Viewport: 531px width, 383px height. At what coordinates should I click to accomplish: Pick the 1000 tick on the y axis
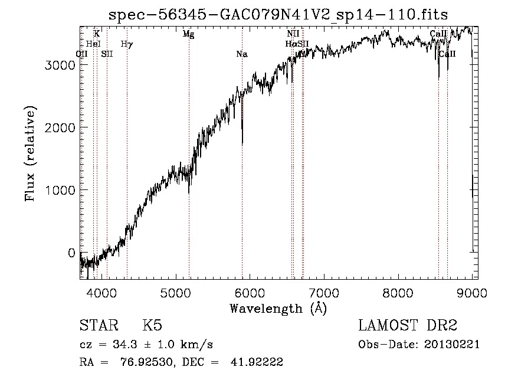pos(61,190)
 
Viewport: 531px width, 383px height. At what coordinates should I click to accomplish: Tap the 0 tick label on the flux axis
pos(71,253)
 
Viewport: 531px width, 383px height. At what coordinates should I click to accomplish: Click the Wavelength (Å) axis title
pos(278,308)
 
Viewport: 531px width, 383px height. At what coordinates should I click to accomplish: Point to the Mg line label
pos(188,34)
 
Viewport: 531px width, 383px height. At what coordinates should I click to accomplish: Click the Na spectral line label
pos(241,54)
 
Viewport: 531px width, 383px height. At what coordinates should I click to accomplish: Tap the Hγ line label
pos(126,44)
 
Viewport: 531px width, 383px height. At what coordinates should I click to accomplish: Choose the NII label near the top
pos(293,34)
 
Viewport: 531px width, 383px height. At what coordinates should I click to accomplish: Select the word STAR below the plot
pos(97,326)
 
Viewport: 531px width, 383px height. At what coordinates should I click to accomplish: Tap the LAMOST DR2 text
pos(408,326)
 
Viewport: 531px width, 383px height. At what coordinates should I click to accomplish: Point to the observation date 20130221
pos(453,345)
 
